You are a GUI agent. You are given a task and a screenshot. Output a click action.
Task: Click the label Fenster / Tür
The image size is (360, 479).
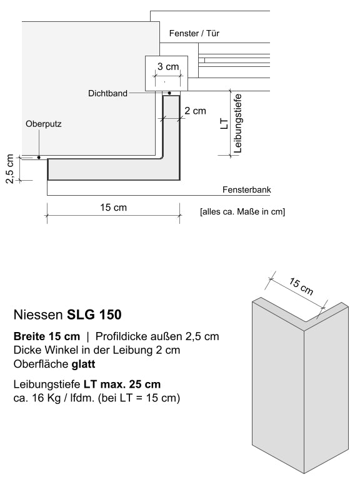point(194,33)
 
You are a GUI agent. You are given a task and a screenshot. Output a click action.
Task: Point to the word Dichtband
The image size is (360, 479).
point(107,93)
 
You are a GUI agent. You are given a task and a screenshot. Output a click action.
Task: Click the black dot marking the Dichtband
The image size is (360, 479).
point(169,93)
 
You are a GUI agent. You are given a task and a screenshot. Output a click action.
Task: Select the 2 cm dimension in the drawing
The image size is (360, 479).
point(195,111)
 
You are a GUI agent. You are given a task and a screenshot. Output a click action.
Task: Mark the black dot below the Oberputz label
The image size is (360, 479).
point(38,158)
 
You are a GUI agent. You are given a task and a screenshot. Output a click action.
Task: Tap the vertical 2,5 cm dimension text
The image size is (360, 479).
point(10,169)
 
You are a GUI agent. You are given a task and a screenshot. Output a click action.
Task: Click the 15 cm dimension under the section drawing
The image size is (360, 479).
point(113,207)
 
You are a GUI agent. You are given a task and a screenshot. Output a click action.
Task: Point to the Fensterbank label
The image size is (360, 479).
point(246,190)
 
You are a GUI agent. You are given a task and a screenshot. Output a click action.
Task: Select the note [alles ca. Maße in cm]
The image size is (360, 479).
point(242,212)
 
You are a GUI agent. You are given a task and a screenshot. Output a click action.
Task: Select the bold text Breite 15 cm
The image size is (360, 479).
point(46,336)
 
